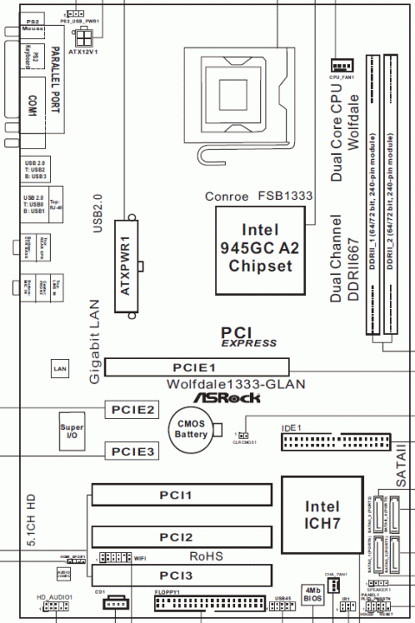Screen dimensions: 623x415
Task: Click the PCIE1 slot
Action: tap(198, 367)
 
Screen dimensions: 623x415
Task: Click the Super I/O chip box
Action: tap(71, 433)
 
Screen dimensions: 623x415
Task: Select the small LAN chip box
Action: tap(60, 369)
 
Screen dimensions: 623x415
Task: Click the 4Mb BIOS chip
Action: tap(312, 596)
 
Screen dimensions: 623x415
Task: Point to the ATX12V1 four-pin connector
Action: tap(85, 39)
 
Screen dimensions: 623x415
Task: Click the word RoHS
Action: tap(206, 556)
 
